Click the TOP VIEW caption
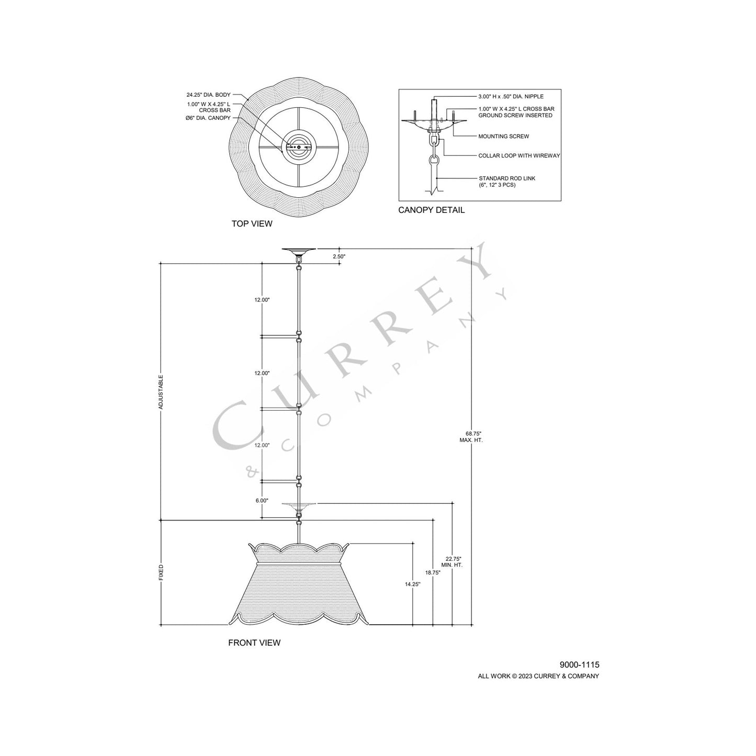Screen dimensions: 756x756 click(252, 223)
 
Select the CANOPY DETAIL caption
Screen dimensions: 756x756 click(431, 210)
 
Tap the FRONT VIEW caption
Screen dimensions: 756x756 click(254, 642)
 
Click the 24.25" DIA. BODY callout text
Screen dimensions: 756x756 click(208, 95)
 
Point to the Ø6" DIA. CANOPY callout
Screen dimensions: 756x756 click(208, 118)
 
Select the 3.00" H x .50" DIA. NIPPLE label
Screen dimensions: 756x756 click(511, 96)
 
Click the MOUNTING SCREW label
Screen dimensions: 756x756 click(503, 136)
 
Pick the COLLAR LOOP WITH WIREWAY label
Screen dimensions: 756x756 click(519, 156)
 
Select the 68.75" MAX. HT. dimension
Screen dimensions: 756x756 click(473, 437)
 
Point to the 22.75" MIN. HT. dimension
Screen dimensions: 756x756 click(453, 562)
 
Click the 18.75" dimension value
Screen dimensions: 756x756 click(433, 573)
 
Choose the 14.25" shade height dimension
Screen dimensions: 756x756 click(413, 584)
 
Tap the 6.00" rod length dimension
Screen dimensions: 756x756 click(262, 501)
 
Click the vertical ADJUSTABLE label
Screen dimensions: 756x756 click(161, 391)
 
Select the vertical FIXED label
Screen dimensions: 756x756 click(161, 572)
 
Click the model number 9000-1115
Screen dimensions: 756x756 click(579, 664)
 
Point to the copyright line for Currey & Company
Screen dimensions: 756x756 click(538, 676)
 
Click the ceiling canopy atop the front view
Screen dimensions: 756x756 click(298, 252)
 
